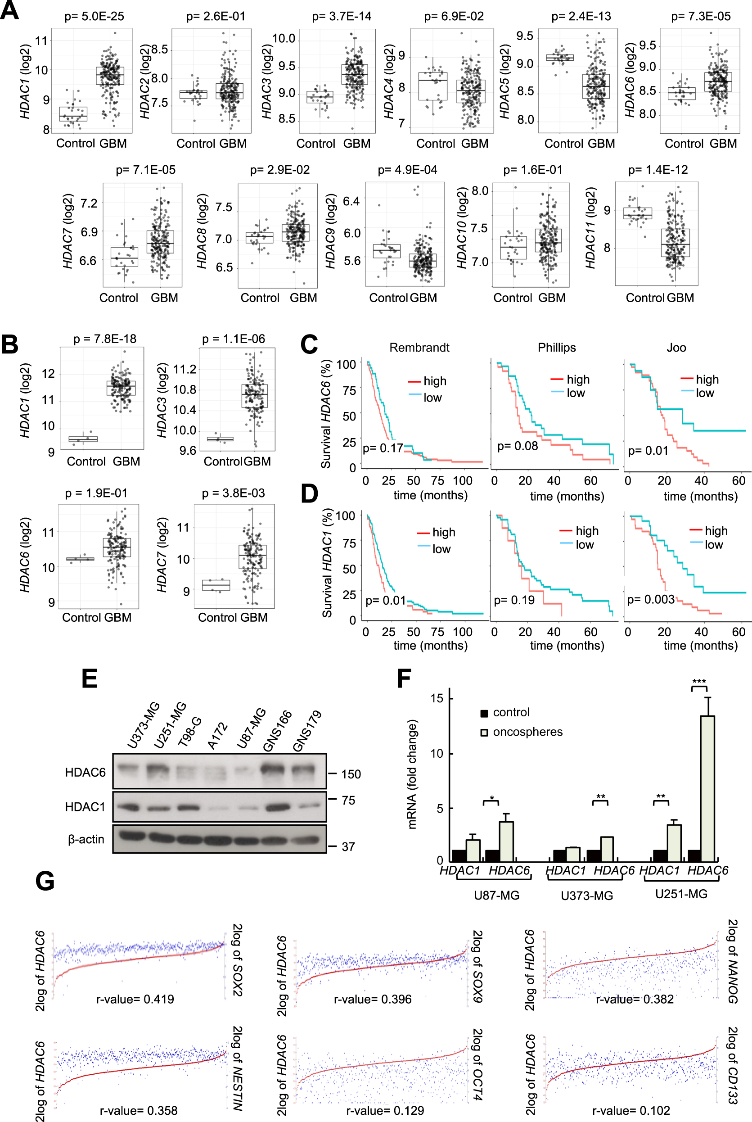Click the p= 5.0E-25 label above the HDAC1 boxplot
[94, 16]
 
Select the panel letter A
[9, 10]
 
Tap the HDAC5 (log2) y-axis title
[504, 81]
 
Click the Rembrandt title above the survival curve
[419, 347]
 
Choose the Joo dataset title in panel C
[676, 347]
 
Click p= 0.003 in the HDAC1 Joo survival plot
[650, 600]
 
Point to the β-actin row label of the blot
[86, 839]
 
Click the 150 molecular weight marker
[351, 774]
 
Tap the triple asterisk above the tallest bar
[699, 682]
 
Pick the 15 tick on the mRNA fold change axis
[437, 698]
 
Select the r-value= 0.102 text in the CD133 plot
[630, 1110]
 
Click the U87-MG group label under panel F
[496, 896]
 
